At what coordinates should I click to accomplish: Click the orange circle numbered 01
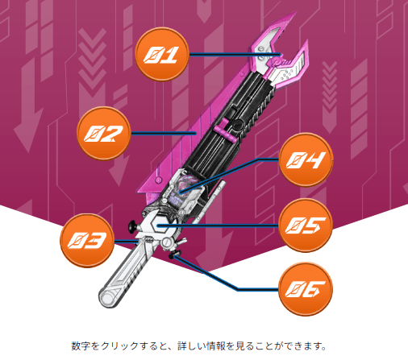[x=161, y=54]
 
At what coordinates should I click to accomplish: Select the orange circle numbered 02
[x=104, y=133]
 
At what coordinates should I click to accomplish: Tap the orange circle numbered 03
[x=87, y=240]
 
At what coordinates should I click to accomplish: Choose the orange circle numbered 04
[x=306, y=159]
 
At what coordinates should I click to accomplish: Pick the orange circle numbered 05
[x=306, y=226]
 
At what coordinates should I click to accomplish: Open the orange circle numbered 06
[x=306, y=289]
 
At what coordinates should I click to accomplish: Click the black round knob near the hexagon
[x=132, y=226]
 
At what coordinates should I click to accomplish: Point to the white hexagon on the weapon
[x=158, y=225]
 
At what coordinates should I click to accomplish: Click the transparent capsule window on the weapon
[x=183, y=188]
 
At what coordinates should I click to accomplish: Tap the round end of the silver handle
[x=107, y=299]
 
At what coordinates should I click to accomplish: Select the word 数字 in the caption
[x=81, y=346]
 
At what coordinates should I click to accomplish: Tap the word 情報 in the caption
[x=216, y=346]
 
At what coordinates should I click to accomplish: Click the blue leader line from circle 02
[x=164, y=133]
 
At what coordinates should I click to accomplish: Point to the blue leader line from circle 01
[x=235, y=55]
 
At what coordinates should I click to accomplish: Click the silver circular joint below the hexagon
[x=167, y=242]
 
